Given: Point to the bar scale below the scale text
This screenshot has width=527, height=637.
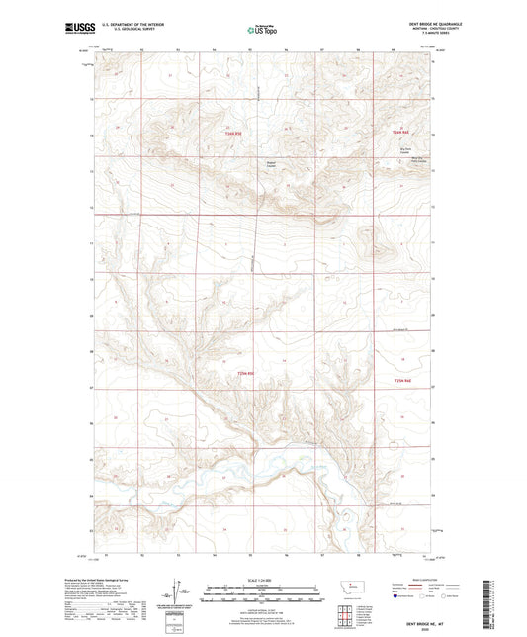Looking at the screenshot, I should tap(262, 595).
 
